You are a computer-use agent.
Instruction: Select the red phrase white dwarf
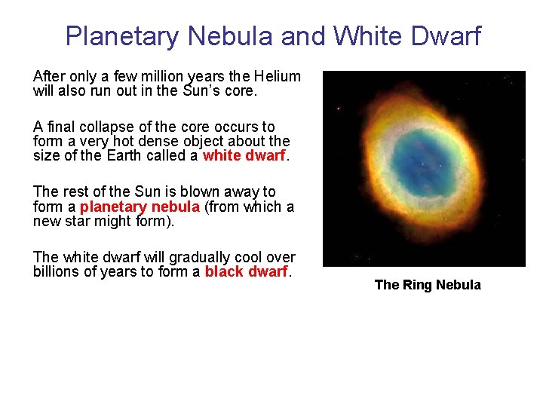pos(244,156)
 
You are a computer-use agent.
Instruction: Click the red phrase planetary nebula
pos(140,207)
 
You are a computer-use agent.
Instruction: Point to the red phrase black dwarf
pos(247,272)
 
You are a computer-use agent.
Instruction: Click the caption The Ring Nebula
pos(427,285)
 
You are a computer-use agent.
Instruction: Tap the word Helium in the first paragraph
pos(277,77)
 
